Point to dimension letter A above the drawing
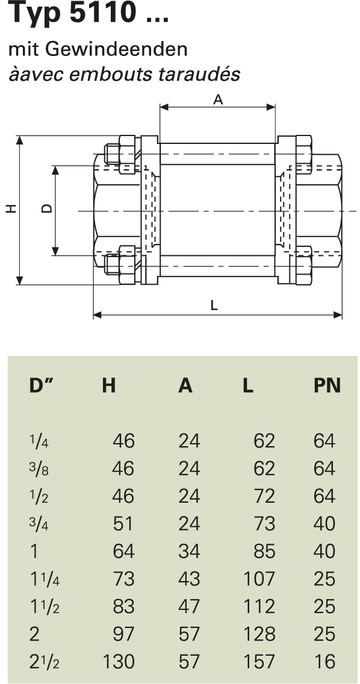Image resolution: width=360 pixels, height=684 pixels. tap(218, 100)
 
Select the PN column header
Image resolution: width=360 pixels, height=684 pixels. tap(327, 386)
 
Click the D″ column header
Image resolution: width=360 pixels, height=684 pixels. tap(42, 386)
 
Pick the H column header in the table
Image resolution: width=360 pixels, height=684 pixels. tap(108, 386)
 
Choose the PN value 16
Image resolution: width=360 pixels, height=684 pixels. tap(324, 662)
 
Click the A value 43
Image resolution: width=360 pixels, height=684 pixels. tap(189, 579)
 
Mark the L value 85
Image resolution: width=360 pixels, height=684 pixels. tap(264, 552)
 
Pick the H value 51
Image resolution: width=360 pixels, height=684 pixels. tap(124, 524)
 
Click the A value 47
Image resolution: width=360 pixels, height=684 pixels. tap(189, 607)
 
